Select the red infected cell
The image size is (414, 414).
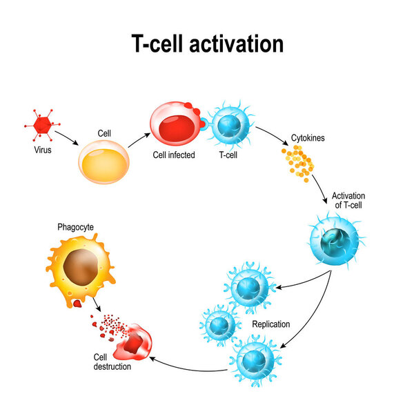[174, 125]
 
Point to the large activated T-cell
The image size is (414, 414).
[338, 239]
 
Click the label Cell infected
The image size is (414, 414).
[174, 155]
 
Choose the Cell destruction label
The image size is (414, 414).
[112, 361]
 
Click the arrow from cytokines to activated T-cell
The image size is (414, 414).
[319, 187]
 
